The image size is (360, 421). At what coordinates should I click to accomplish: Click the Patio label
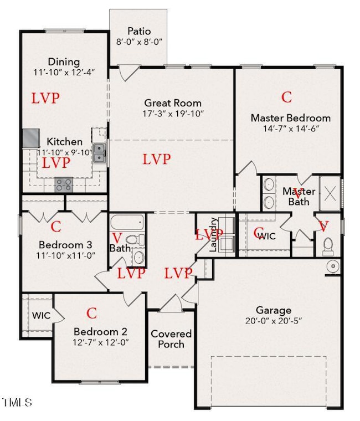click(x=139, y=31)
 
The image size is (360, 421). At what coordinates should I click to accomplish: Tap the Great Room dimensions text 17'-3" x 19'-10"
click(x=173, y=114)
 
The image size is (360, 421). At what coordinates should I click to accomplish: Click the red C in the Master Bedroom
click(x=286, y=97)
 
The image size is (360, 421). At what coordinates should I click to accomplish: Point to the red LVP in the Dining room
click(x=45, y=98)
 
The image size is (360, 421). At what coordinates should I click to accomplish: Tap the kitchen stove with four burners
click(x=63, y=184)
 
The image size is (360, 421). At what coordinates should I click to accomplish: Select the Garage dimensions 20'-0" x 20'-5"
click(x=274, y=321)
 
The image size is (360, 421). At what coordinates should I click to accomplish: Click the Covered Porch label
click(x=171, y=339)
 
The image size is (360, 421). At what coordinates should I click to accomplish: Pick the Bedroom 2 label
click(x=101, y=332)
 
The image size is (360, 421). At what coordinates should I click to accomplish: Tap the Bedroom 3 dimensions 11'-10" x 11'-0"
click(x=65, y=255)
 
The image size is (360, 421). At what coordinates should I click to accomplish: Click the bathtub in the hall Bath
click(x=127, y=223)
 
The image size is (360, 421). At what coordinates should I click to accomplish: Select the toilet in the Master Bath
click(x=327, y=244)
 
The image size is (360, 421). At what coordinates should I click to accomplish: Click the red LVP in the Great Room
click(x=156, y=159)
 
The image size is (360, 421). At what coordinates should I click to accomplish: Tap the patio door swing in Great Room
click(x=128, y=73)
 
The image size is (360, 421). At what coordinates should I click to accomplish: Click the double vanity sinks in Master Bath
click(x=268, y=192)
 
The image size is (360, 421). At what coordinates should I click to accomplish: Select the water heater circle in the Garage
click(x=332, y=266)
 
